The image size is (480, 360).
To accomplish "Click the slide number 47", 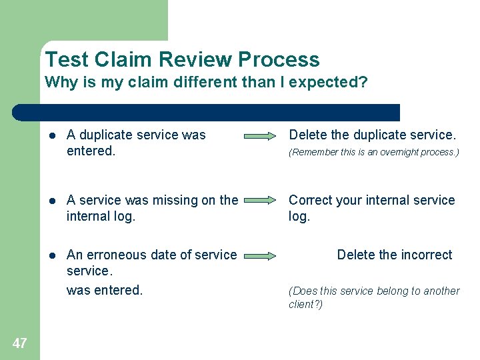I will click(20, 343).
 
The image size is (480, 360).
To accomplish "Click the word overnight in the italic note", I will click(393, 153).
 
